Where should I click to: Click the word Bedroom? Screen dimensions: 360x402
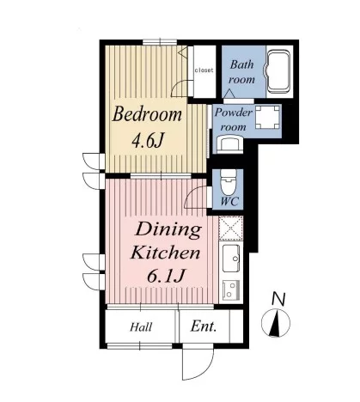tap(147, 115)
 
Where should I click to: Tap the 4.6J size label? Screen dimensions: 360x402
tap(148, 141)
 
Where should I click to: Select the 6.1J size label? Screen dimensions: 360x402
tap(165, 277)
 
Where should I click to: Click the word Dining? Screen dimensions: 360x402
tap(168, 231)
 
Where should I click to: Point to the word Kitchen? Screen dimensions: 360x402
tap(165, 253)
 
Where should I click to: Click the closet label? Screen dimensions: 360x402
tap(204, 70)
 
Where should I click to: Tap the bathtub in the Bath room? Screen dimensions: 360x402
tap(278, 71)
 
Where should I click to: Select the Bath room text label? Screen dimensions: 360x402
tap(241, 72)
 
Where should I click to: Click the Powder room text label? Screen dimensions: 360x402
tap(234, 119)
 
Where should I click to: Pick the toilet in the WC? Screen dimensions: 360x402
tap(229, 182)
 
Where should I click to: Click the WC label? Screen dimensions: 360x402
tap(229, 202)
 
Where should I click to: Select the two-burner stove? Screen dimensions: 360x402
tap(231, 289)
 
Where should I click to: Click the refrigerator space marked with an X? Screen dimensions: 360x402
tap(231, 228)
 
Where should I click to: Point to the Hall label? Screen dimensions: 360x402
tap(141, 327)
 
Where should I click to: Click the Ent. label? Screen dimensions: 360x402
tap(204, 326)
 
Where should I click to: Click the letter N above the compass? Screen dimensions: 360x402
tap(278, 299)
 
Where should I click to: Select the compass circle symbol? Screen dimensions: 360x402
tap(276, 323)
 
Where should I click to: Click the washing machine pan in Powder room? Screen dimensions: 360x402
tap(267, 118)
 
